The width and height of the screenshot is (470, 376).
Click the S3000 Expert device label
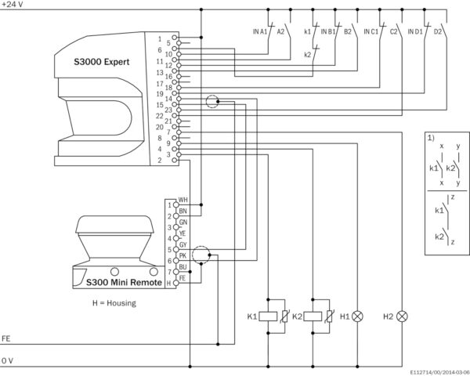click(102, 62)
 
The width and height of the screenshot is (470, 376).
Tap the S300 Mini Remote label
click(124, 282)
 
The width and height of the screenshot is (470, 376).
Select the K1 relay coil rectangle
click(268, 316)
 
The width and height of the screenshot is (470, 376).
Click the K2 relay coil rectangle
click(313, 316)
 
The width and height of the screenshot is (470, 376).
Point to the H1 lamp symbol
click(357, 316)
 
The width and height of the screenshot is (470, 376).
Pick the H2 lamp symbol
click(402, 316)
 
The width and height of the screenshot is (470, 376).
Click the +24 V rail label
click(13, 4)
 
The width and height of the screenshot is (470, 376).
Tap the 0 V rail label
click(7, 360)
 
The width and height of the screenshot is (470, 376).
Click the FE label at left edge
click(6, 338)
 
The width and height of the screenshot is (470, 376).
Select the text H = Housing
click(114, 303)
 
